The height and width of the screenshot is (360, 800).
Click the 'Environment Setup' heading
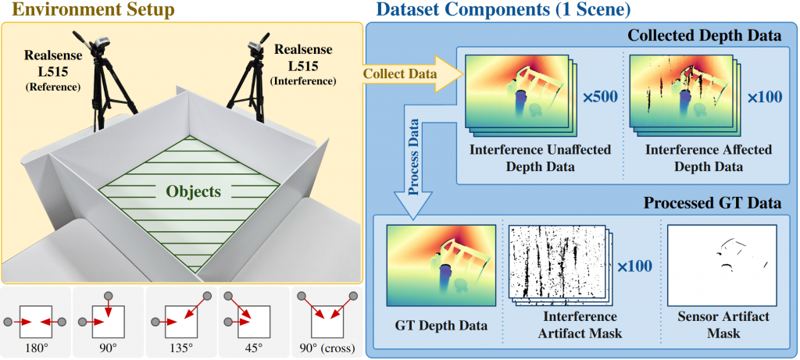(x=87, y=10)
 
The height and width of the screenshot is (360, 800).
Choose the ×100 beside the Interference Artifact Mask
(x=635, y=266)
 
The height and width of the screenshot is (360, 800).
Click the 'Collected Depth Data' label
(x=704, y=36)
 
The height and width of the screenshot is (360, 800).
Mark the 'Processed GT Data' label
(x=712, y=203)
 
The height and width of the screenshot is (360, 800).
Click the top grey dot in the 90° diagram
(x=108, y=296)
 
